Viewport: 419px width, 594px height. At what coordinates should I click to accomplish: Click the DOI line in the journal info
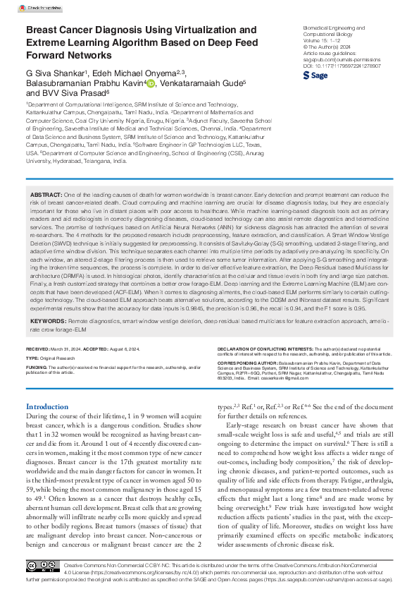pos(332,66)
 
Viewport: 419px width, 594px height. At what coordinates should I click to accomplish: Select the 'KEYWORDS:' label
pos(48,320)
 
